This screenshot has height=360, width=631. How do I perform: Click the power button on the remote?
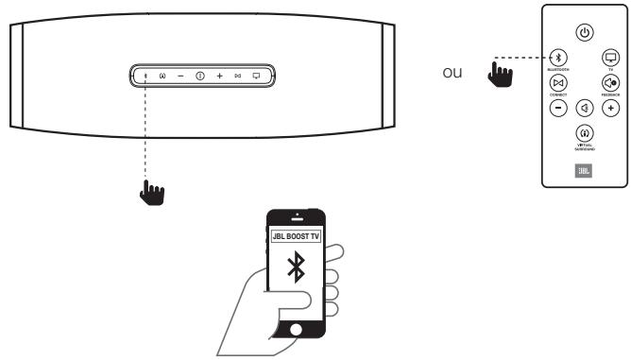pyautogui.click(x=585, y=33)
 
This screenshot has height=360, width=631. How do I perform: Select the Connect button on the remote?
pyautogui.click(x=558, y=84)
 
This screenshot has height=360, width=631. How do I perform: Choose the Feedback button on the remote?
pyautogui.click(x=610, y=83)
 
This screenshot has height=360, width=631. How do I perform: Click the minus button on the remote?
pyautogui.click(x=558, y=108)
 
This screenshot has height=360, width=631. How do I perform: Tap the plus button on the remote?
pyautogui.click(x=610, y=108)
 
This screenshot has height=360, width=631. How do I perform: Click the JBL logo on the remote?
pyautogui.click(x=585, y=172)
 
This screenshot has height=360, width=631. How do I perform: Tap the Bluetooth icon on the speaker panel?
pyautogui.click(x=145, y=75)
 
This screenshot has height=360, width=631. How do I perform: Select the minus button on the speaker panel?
pyautogui.click(x=180, y=75)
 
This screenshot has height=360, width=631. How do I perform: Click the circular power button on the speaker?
pyautogui.click(x=200, y=75)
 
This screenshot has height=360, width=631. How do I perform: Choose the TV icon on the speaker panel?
pyautogui.click(x=256, y=75)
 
